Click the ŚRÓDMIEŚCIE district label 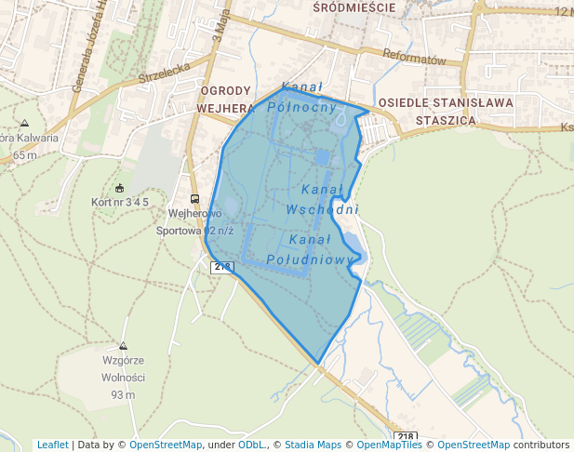click(354, 7)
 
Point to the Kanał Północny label click(301, 97)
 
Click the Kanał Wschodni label click(323, 199)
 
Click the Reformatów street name click(415, 58)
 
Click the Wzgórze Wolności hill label click(123, 368)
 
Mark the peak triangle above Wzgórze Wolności click(123, 345)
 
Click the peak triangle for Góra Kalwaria click(24, 123)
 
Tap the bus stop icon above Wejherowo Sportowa click(194, 199)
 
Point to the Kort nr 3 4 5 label click(120, 202)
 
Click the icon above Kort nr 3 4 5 click(119, 188)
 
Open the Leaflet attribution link click(52, 445)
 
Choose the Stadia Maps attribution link click(313, 445)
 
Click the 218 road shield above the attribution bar click(405, 436)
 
